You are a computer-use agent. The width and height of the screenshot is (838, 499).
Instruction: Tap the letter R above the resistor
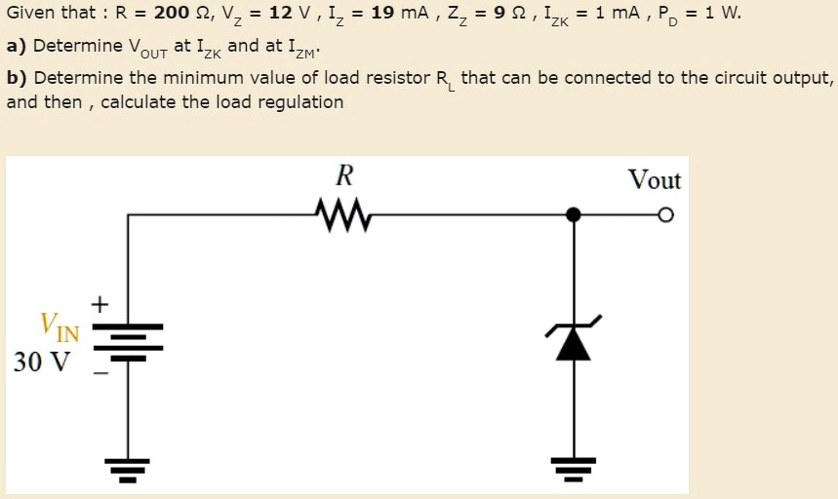pos(343,176)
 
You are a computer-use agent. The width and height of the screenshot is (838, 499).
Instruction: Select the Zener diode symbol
pos(575,338)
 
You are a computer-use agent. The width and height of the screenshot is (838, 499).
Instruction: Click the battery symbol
pos(127,341)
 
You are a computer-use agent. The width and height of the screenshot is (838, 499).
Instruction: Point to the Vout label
pos(654,180)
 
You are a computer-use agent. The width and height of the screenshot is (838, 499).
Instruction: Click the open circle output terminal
pos(666,214)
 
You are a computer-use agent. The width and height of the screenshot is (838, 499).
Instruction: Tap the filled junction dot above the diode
pos(575,214)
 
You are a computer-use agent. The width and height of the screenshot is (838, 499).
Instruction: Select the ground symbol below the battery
pos(127,470)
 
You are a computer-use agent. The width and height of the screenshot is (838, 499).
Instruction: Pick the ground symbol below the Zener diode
pos(575,470)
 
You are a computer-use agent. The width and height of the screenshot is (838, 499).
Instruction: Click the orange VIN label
pos(59,326)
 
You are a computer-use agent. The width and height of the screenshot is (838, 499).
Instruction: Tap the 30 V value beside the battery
pos(42,363)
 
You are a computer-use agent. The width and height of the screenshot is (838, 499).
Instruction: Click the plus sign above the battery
pos(99,304)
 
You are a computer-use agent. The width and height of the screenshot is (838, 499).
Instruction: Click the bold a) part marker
pos(17,46)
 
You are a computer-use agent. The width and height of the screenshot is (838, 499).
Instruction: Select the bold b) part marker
pos(17,78)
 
